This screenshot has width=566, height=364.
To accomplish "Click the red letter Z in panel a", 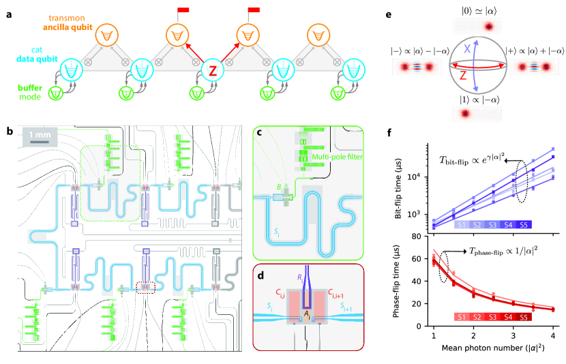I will coord(213,70).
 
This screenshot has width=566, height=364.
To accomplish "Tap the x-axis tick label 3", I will coord(513,337).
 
